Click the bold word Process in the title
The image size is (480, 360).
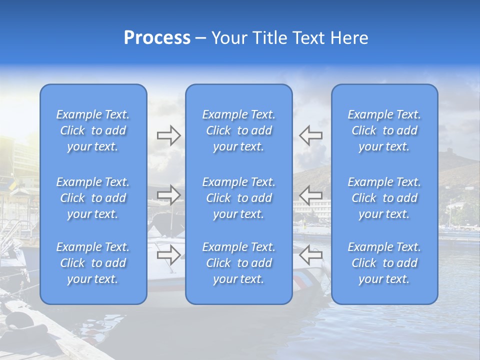(x=157, y=38)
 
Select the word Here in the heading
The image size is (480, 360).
(x=349, y=38)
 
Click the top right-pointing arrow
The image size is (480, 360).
(x=168, y=135)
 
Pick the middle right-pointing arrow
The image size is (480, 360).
(x=168, y=195)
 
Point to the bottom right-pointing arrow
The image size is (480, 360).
(x=168, y=255)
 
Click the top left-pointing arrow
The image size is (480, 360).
(x=310, y=135)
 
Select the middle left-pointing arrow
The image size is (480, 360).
(x=310, y=195)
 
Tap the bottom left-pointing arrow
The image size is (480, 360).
(x=310, y=255)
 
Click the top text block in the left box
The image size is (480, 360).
(x=93, y=130)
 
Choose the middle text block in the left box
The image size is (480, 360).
(x=93, y=198)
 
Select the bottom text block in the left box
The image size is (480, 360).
(x=93, y=263)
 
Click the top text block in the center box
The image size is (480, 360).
(x=239, y=130)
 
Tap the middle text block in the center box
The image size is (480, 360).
(x=239, y=198)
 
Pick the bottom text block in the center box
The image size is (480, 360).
(x=239, y=263)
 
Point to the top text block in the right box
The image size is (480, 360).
(x=384, y=130)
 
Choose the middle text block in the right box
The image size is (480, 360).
(x=384, y=198)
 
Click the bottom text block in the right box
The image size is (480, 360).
(x=384, y=263)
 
